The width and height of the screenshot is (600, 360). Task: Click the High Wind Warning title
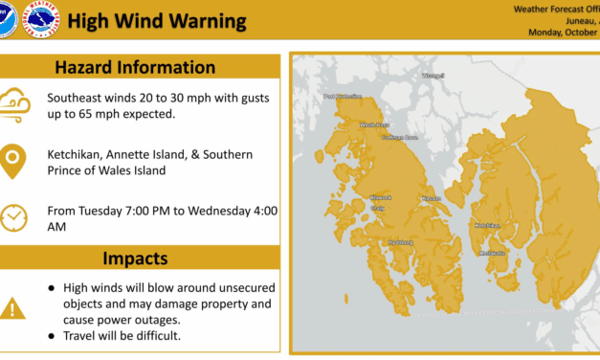158,21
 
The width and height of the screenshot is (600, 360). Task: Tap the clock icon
14,216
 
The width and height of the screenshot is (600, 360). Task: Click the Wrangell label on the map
434,75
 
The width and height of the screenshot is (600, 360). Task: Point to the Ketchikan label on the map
487,225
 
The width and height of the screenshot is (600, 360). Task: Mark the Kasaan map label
431,198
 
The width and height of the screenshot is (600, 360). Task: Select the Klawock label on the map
380,197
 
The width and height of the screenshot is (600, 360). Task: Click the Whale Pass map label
374,124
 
